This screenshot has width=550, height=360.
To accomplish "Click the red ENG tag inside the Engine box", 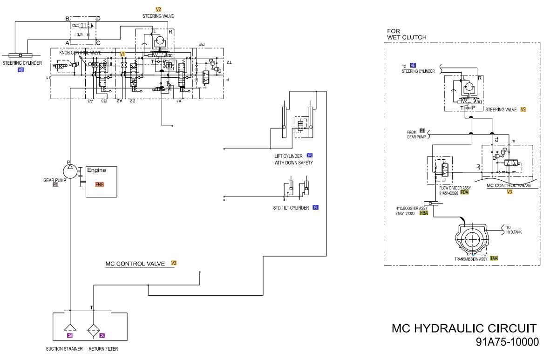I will click(99, 184).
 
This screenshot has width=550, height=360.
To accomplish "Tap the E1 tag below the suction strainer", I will click(70, 335).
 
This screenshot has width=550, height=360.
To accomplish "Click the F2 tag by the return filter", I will click(102, 335).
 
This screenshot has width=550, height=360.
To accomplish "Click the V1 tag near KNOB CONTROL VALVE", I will click(122, 54).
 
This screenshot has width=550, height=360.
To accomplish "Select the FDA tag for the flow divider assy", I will click(464, 192).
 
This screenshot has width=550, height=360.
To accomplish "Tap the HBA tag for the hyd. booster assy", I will click(424, 213).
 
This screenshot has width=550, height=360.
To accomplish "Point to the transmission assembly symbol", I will click(473, 238).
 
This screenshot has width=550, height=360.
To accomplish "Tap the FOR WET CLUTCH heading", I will click(407, 34).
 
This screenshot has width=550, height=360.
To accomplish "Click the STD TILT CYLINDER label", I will click(291, 208).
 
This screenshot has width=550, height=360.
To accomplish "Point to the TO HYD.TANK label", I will click(514, 229).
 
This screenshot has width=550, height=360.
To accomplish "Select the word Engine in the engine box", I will click(96, 170).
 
